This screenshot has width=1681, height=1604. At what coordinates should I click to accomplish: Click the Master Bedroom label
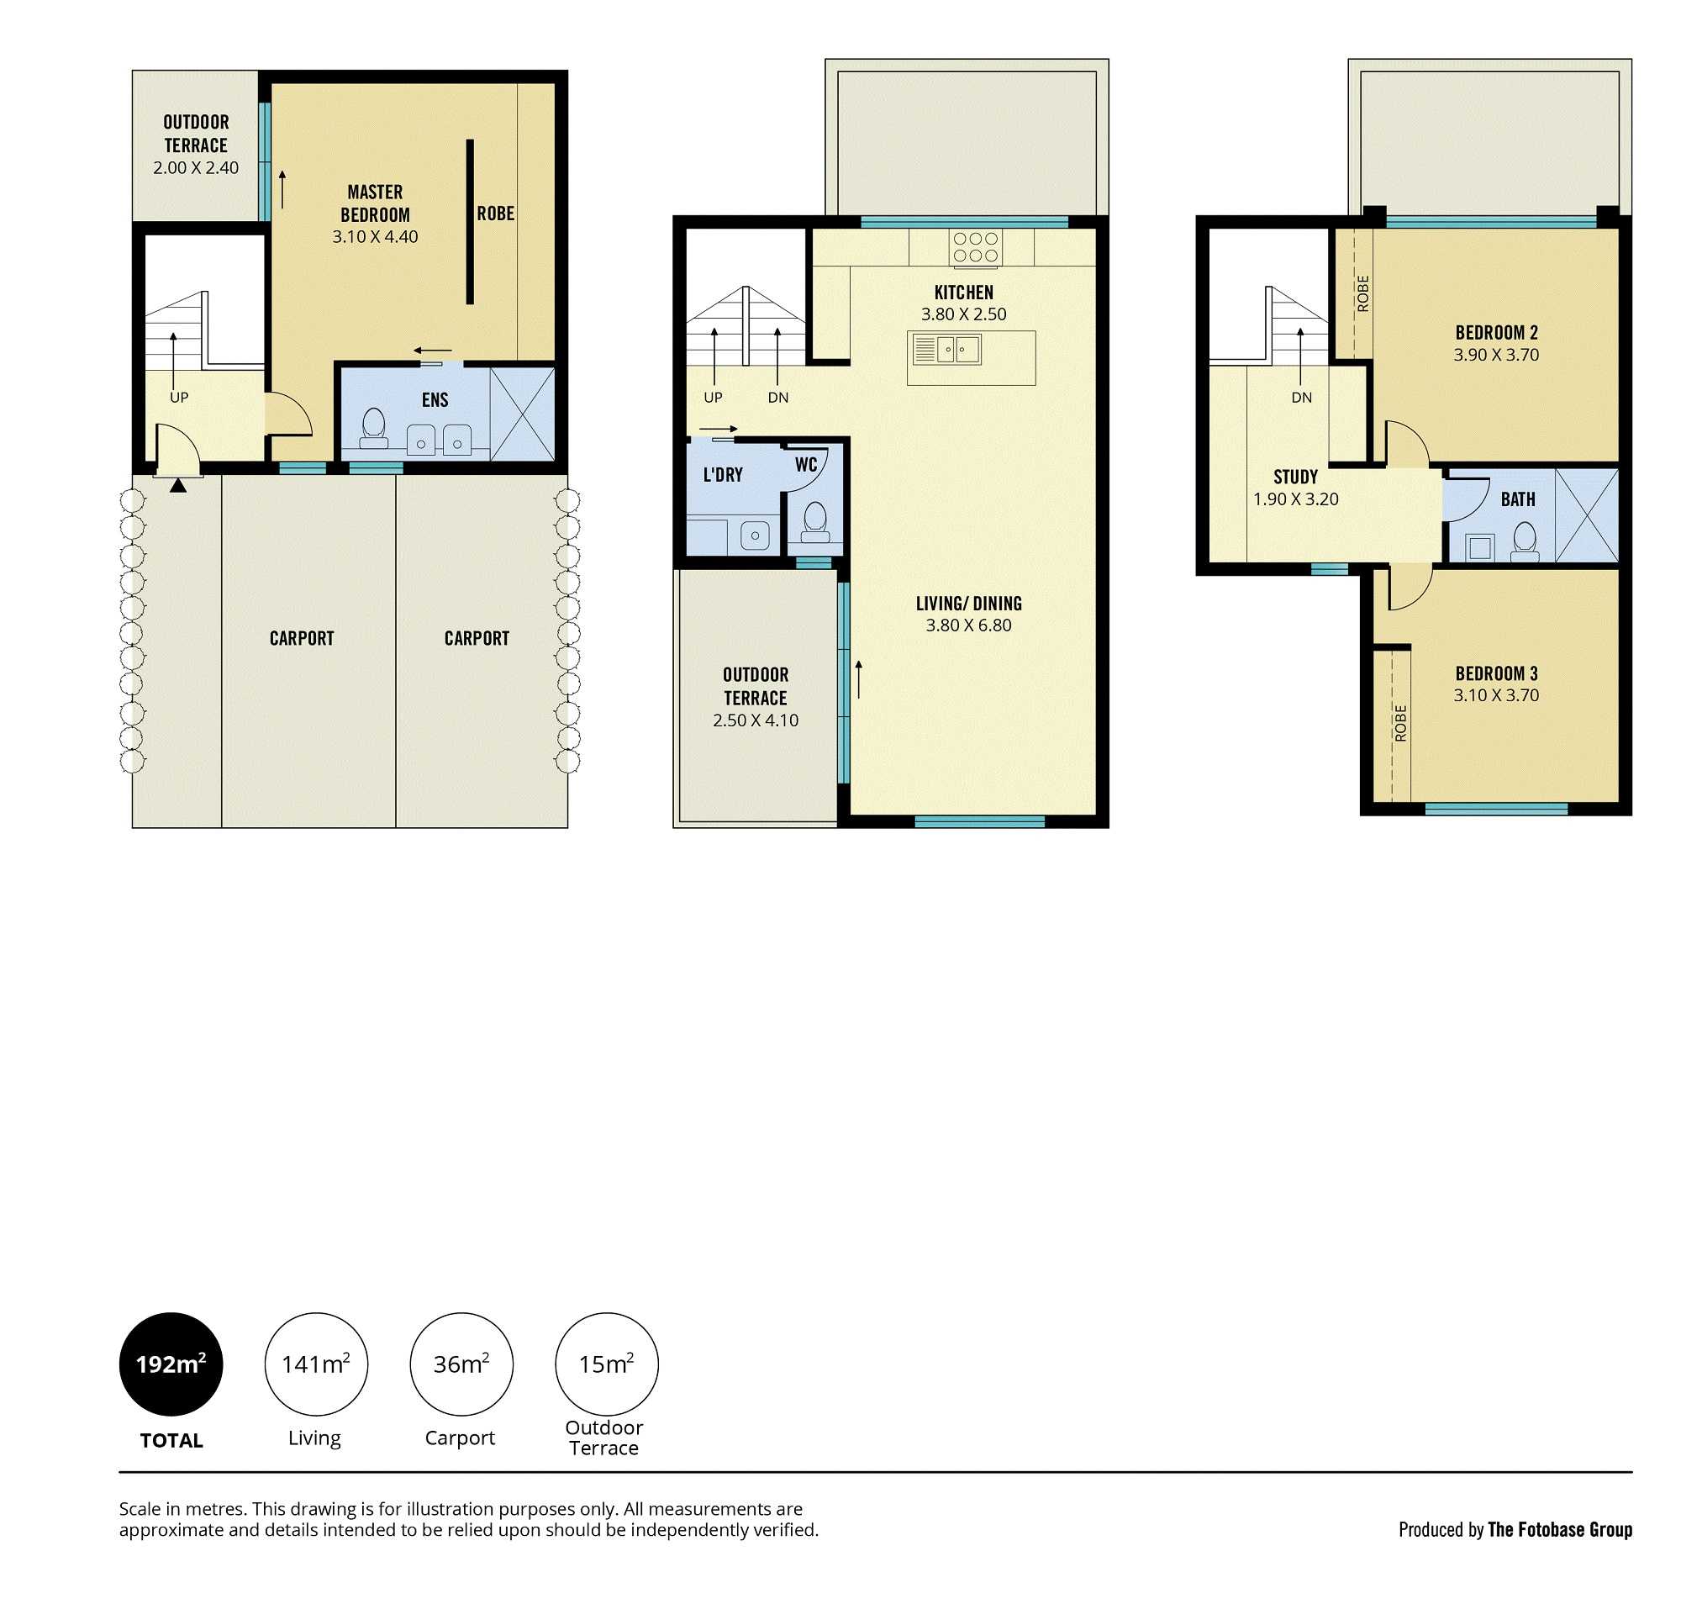375,203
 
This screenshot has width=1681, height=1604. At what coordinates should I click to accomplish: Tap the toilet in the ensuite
374,428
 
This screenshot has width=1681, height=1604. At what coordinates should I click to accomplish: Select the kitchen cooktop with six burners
975,247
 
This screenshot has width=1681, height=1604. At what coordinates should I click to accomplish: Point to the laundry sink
754,536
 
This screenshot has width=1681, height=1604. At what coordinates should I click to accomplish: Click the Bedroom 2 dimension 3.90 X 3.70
1495,355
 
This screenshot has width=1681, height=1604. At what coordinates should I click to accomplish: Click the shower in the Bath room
1586,514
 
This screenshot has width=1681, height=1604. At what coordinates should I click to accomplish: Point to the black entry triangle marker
177,486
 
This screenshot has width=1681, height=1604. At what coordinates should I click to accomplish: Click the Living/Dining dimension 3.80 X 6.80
968,625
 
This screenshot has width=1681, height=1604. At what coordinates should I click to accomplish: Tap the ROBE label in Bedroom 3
1399,722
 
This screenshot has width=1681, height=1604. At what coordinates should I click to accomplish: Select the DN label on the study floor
1300,398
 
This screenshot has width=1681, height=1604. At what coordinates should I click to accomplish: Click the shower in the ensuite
522,414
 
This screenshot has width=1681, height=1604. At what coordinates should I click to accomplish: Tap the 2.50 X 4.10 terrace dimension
755,720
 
